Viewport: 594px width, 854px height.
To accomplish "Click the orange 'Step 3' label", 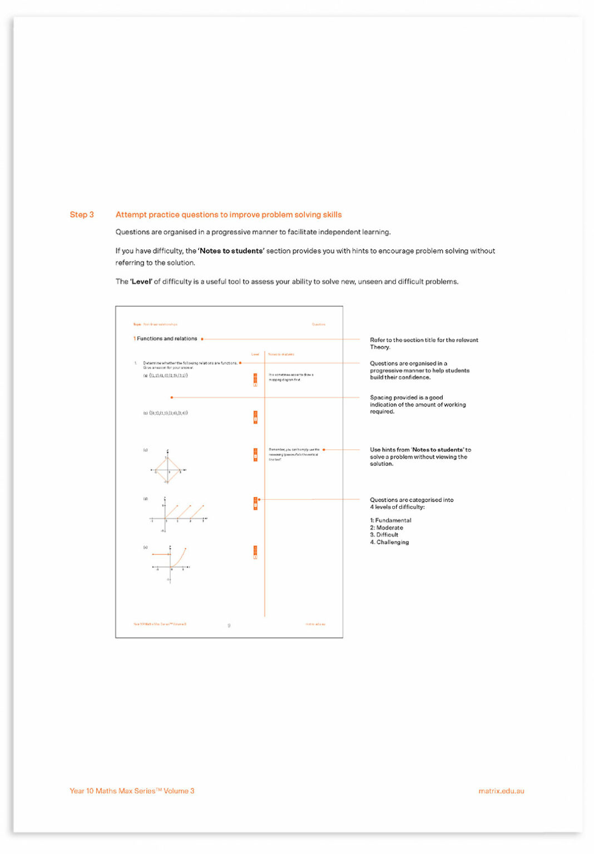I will point(82,215).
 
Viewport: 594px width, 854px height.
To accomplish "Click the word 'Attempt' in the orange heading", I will point(131,215).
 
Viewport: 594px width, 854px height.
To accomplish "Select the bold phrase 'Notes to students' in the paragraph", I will point(231,251).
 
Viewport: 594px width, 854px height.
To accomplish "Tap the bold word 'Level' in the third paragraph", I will point(141,281).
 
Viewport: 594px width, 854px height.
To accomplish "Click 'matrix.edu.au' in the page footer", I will point(501,791).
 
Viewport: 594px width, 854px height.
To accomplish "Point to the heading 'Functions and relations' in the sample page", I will point(167,339).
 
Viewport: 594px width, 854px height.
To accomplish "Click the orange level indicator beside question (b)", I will point(255,417).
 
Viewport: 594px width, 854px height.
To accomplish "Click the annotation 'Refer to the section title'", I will point(423,343).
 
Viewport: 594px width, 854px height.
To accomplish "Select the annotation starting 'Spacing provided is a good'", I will point(417,404).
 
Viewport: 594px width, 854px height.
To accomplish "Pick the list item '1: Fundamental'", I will point(390,520).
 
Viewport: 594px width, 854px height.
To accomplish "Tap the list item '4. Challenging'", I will point(389,542).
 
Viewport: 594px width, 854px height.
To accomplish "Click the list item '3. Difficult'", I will point(384,535).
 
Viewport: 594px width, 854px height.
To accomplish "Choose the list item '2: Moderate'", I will point(387,528).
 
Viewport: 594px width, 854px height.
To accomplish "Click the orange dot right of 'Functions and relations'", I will point(202,339).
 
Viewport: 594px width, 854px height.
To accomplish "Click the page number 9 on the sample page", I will point(229,625).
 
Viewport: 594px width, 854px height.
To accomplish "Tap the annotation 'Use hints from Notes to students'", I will point(420,456).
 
